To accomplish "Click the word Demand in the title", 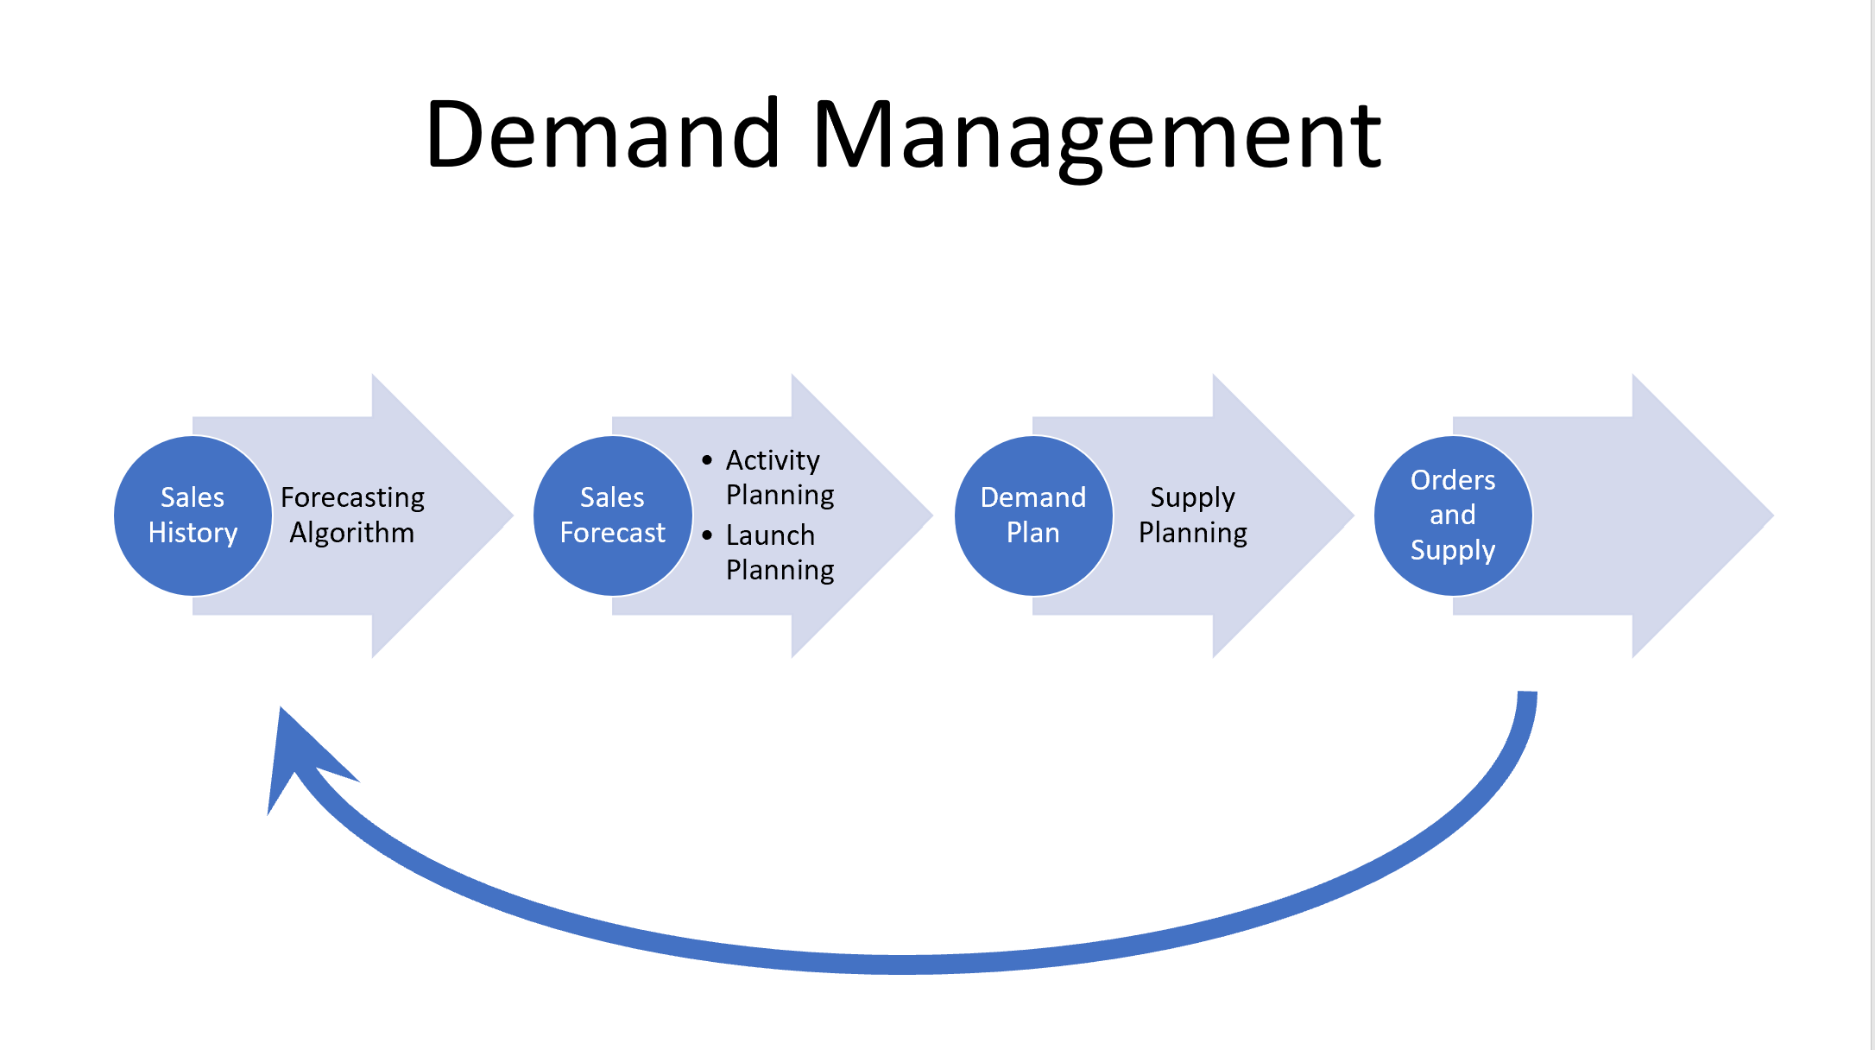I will tap(603, 135).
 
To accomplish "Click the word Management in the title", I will tap(1096, 136).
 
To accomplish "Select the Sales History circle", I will tap(193, 516).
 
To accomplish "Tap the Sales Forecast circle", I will tap(612, 516).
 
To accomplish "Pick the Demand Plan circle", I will tap(1032, 516).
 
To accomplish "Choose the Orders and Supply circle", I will tap(1453, 516).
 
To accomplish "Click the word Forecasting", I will tap(352, 498).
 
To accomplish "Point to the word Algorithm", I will tap(352, 533).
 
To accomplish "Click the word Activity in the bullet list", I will tap(773, 460).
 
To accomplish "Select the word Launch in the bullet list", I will tap(770, 535).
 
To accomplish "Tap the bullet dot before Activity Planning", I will tap(707, 460).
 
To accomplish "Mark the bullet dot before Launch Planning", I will tap(707, 535).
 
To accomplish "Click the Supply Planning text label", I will tap(1193, 516).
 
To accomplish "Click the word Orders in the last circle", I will tap(1453, 480).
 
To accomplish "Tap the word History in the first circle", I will tap(193, 534).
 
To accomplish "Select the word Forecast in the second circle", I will tap(612, 534).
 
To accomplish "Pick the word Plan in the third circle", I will tap(1032, 534).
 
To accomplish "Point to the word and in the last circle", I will tap(1453, 516).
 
